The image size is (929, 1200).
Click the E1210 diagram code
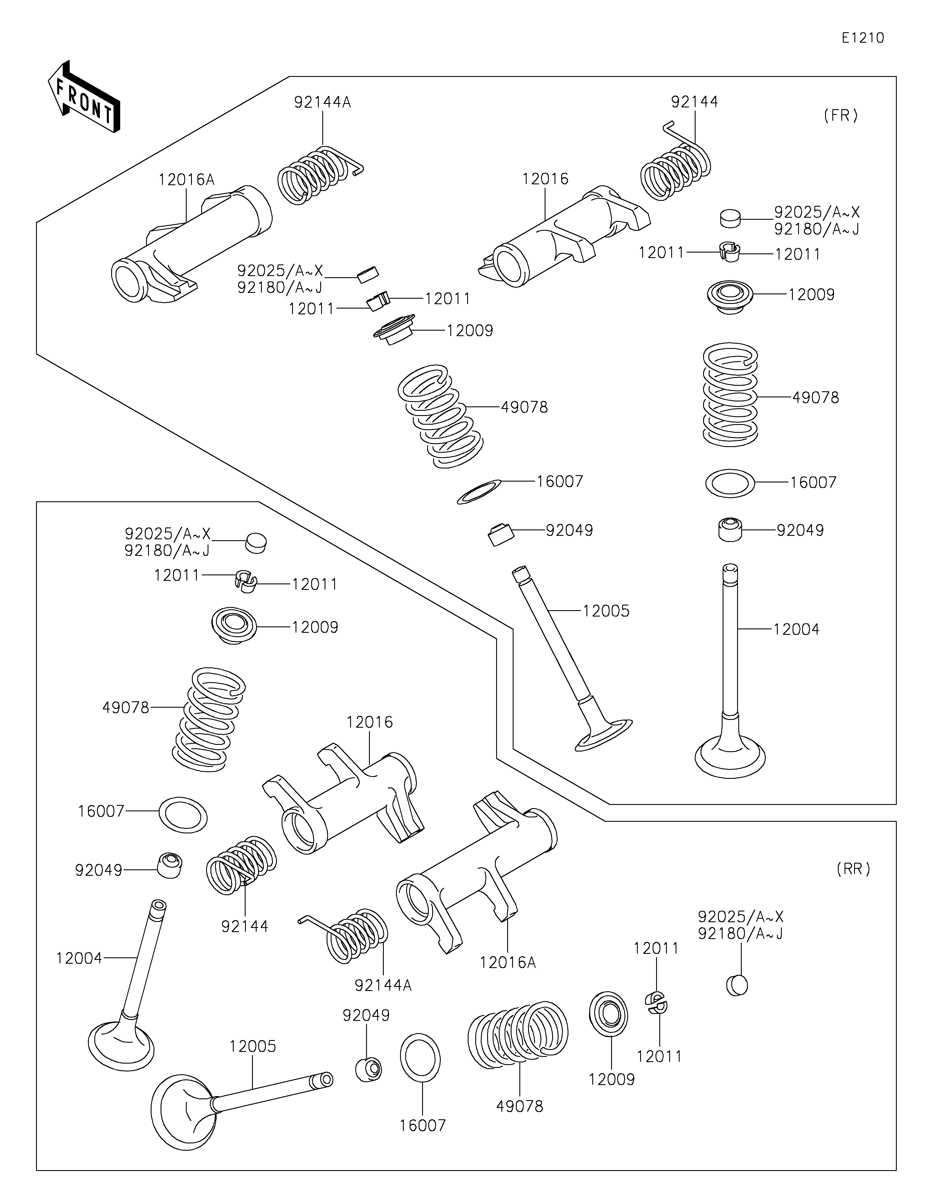tap(863, 38)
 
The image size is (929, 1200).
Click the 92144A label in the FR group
tap(323, 102)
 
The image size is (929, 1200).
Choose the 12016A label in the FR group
tap(186, 180)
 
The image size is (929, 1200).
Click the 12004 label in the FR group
tap(796, 629)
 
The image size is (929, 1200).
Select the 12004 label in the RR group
tap(79, 958)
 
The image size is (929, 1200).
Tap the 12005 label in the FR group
tap(606, 611)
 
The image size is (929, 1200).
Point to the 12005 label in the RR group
tap(253, 1046)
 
